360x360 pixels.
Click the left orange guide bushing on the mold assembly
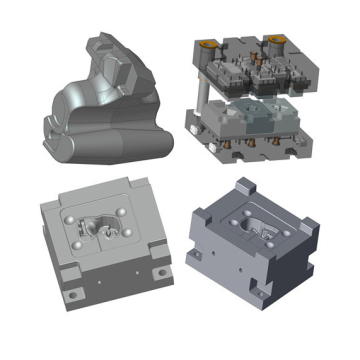(207, 43)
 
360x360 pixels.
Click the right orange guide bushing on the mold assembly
(276, 41)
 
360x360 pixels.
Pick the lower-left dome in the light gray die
(79, 244)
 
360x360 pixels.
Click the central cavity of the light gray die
(101, 228)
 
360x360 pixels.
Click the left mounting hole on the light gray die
(72, 294)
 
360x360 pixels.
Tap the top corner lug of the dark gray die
(244, 186)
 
